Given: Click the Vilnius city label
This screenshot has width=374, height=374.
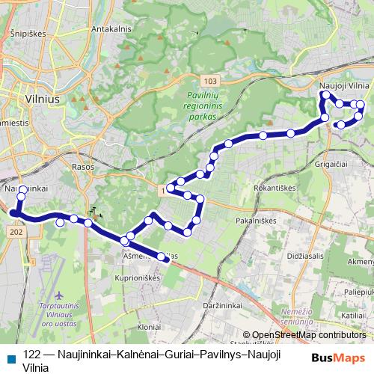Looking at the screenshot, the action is (x=31, y=97).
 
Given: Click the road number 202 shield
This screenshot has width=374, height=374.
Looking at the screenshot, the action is (x=17, y=233).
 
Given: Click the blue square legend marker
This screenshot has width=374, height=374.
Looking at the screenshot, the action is (x=10, y=355).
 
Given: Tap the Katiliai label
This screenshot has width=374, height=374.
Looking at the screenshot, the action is (x=354, y=316).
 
